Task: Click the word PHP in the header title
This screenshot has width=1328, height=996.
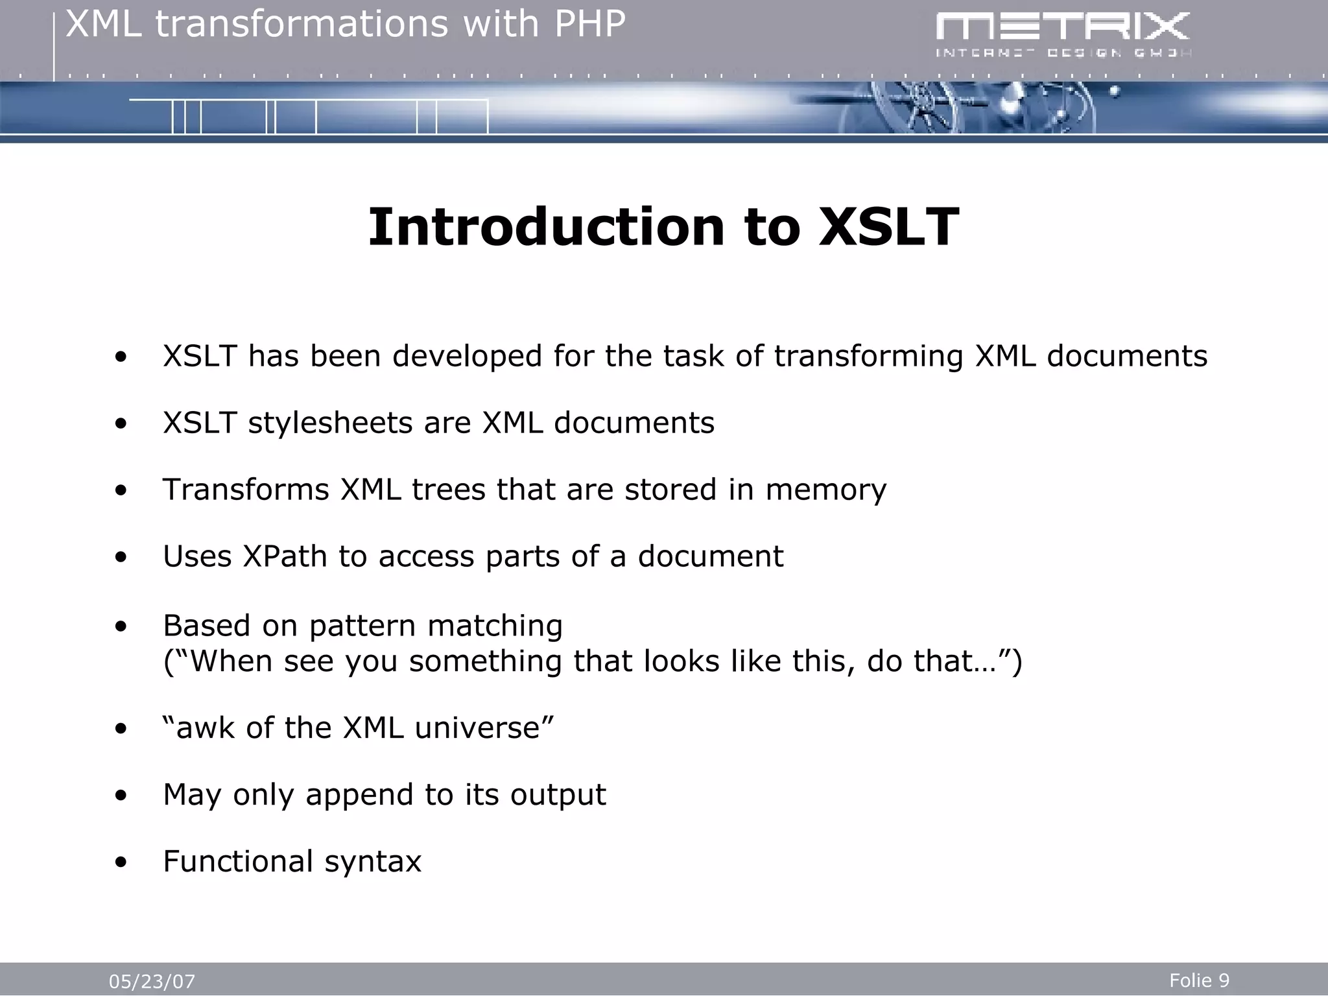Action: [x=589, y=25]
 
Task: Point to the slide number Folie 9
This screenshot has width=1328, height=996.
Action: [x=1199, y=980]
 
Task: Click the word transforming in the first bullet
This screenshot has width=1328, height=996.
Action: [x=868, y=357]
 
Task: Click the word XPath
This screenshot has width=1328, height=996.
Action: [x=285, y=556]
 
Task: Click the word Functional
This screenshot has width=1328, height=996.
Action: [x=238, y=862]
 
